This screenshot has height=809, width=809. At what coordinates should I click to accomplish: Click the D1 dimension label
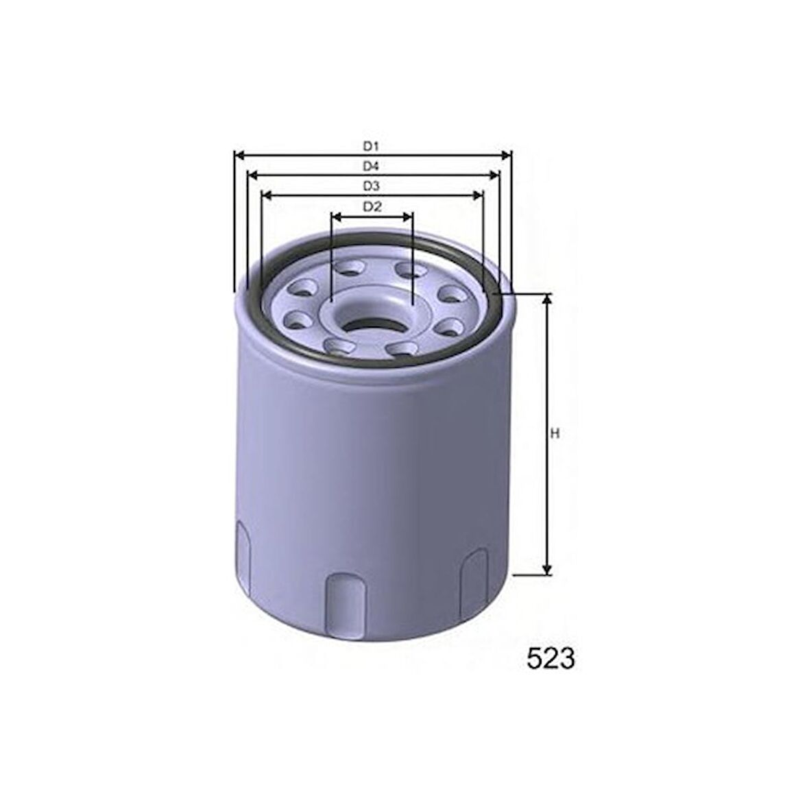(371, 147)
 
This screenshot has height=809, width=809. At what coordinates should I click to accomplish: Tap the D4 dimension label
(371, 166)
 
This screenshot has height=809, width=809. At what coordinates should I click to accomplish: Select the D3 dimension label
(371, 186)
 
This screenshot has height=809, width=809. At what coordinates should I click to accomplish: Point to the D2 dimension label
(372, 207)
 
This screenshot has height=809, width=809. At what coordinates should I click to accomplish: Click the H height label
(555, 435)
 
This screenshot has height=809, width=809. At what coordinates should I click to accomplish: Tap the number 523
(551, 659)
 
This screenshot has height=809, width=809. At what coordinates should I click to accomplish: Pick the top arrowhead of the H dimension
(547, 299)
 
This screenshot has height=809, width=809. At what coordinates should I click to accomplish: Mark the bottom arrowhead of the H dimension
(547, 570)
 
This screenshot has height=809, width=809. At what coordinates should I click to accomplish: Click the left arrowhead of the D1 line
(239, 154)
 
